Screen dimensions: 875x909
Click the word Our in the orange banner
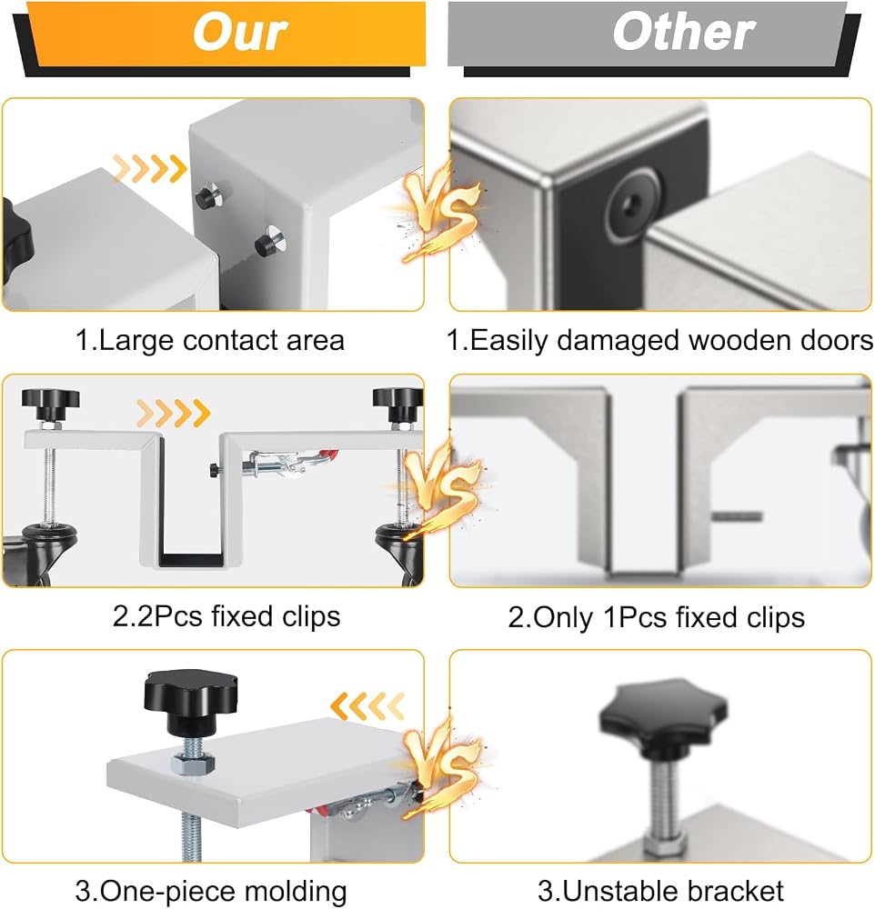(x=240, y=32)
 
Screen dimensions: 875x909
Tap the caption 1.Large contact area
(x=210, y=340)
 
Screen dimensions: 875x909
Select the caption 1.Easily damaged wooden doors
(x=659, y=340)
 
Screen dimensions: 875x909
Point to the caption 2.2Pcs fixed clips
(x=226, y=616)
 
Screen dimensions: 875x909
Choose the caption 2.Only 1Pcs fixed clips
(x=657, y=617)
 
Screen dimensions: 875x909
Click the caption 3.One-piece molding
(x=211, y=891)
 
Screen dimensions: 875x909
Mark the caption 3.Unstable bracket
(x=660, y=891)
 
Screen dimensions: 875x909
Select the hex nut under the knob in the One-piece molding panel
(x=193, y=764)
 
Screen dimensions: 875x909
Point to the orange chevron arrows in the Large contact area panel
(x=150, y=168)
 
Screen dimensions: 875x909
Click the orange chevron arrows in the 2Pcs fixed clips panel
(x=173, y=413)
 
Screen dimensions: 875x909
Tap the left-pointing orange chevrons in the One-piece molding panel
(x=367, y=705)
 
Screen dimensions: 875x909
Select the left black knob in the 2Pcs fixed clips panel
(x=50, y=404)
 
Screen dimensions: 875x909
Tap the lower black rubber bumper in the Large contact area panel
(x=268, y=243)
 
